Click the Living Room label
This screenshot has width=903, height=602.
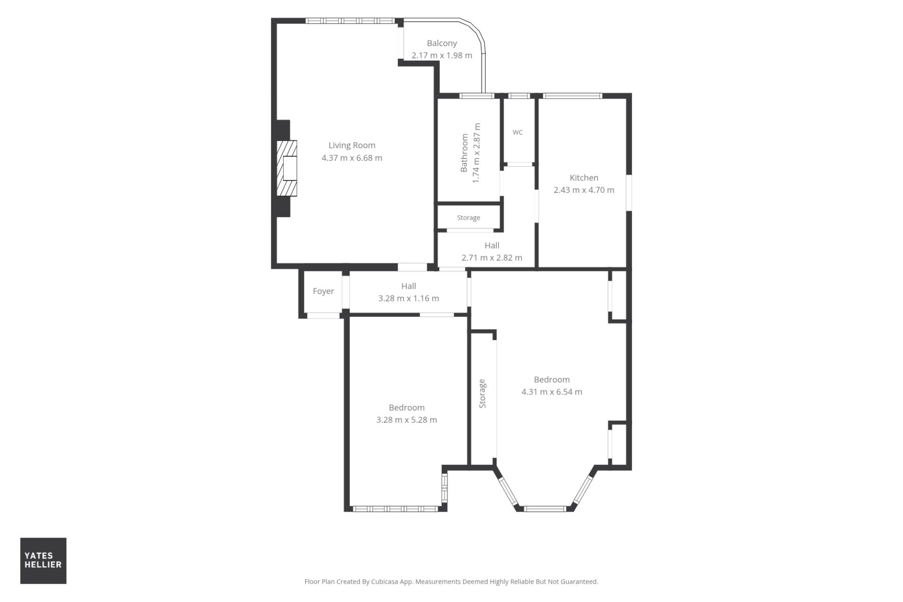coord(352,145)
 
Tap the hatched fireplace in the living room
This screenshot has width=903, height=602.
coord(287,168)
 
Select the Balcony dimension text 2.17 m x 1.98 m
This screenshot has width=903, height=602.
coord(442,55)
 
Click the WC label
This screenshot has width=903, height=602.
coord(517,132)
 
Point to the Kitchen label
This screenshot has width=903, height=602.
coord(584,178)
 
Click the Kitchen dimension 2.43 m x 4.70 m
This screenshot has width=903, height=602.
coord(584,190)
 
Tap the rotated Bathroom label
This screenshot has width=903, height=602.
coord(464,153)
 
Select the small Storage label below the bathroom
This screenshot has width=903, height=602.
coord(468,218)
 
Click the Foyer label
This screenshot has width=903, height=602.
coord(324,291)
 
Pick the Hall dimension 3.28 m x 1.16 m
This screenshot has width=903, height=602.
coord(408,298)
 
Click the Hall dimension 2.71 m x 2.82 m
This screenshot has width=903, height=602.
coord(491,258)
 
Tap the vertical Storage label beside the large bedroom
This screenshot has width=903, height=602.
coord(482,393)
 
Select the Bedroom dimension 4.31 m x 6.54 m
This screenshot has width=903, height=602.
coord(552,392)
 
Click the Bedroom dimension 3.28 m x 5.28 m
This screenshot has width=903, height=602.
coord(406,420)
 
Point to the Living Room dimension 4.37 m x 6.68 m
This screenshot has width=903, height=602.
coord(352,158)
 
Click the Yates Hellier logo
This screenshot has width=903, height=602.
coord(43,561)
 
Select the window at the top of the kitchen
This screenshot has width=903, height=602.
coord(572,96)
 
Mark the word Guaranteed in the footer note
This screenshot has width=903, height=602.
coord(578,582)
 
